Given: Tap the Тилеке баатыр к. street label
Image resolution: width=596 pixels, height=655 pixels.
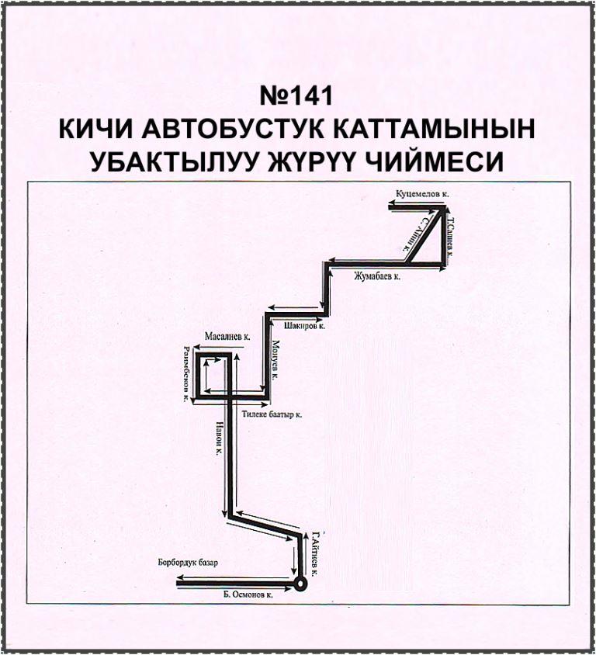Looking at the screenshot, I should pyautogui.click(x=272, y=414).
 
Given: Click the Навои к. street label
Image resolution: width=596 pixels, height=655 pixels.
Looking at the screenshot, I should pyautogui.click(x=219, y=438).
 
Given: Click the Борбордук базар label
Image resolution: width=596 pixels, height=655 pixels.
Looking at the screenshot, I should pyautogui.click(x=187, y=562).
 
